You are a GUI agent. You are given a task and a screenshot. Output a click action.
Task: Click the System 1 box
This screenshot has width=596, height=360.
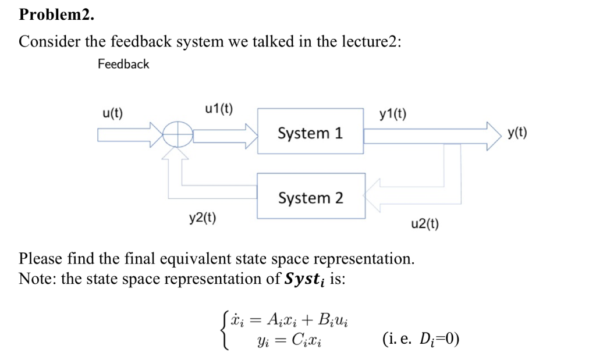pyautogui.click(x=310, y=131)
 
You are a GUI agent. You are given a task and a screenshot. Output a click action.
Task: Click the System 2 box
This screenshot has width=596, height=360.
pyautogui.click(x=311, y=197)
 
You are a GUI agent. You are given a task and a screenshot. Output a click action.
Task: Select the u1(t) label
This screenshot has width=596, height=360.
pyautogui.click(x=219, y=108)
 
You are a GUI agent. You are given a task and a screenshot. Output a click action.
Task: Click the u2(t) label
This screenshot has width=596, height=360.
pyautogui.click(x=425, y=224)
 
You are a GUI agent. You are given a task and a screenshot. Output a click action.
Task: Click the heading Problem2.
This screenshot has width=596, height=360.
pyautogui.click(x=56, y=15)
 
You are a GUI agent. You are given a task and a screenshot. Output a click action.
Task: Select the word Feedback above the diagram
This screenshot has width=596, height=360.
pyautogui.click(x=123, y=64)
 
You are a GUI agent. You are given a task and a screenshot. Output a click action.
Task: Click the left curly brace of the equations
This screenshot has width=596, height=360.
pyautogui.click(x=224, y=329)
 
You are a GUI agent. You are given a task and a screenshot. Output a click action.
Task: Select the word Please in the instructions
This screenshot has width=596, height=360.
pyautogui.click(x=41, y=258)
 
